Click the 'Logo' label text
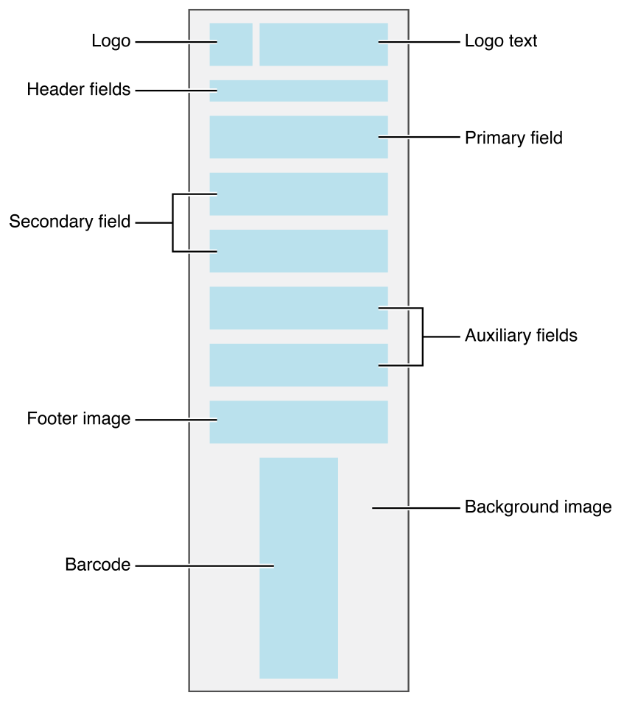coord(110,41)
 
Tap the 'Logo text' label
coord(501,41)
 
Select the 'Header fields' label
coord(79,90)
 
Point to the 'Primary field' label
coord(513,138)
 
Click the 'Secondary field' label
coord(70,222)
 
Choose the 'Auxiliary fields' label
coord(521,336)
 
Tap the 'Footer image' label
coord(79,419)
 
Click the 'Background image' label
coord(538,507)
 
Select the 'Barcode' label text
coord(98,566)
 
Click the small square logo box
coord(231,44)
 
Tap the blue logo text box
coord(323,44)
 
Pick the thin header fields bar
coord(298,91)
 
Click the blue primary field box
coord(298,137)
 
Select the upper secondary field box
coord(298,194)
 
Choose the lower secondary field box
coord(298,251)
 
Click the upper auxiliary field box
coord(298,308)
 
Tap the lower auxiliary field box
coord(298,364)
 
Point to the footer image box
coord(298,422)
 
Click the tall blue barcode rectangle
coord(298,568)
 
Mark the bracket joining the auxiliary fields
coord(423,337)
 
